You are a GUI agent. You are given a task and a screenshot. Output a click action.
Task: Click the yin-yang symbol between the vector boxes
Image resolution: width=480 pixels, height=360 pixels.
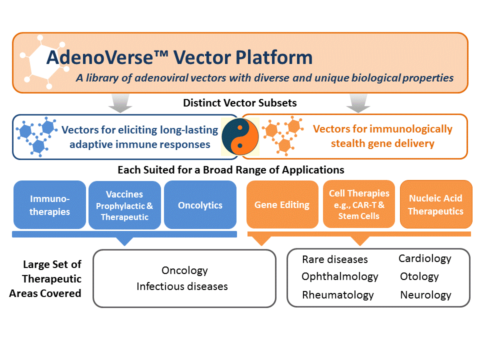[240, 136]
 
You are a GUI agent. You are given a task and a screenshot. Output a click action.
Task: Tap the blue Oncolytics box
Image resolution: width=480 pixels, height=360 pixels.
[200, 205]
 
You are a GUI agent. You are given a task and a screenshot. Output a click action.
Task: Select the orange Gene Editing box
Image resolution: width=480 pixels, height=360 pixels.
[282, 204]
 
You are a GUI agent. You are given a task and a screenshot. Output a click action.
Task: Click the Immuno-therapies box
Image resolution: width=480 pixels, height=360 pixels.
[49, 205]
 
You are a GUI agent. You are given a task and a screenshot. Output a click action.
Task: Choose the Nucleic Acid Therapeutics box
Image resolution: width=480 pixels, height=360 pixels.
[436, 204]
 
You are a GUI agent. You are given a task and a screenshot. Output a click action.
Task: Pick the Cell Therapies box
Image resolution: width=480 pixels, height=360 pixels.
[359, 204]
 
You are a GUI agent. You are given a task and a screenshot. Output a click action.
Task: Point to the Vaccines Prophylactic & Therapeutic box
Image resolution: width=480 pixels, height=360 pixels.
[124, 205]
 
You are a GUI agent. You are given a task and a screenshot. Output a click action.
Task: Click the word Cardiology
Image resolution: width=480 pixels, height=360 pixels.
[425, 258]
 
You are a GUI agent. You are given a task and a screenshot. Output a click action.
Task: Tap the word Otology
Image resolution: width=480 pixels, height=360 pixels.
[419, 276]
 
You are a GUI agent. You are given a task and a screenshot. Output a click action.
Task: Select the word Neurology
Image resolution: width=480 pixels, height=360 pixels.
[426, 295]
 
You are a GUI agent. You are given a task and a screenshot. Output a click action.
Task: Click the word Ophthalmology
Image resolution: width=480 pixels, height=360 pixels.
[340, 276]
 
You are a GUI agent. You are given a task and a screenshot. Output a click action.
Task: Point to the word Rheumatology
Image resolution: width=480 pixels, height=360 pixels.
[338, 295]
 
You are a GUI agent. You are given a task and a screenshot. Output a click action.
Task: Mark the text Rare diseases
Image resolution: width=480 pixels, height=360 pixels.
[335, 259]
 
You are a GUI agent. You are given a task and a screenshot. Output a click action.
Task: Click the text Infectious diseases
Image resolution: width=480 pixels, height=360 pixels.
[182, 286]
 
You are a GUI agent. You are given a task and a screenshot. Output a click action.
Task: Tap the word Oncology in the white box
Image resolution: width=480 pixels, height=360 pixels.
[184, 270]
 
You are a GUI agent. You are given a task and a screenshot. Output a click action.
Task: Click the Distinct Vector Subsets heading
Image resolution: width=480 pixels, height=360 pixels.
[239, 103]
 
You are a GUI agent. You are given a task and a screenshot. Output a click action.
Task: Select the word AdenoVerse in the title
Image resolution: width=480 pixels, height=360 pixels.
[100, 57]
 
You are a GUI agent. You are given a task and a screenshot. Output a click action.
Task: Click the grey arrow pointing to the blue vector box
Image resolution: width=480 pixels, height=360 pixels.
[120, 103]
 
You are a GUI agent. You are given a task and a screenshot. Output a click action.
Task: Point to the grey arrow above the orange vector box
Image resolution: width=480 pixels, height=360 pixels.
[358, 103]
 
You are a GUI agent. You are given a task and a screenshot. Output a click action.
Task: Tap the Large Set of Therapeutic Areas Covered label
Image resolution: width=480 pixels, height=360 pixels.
[45, 279]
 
